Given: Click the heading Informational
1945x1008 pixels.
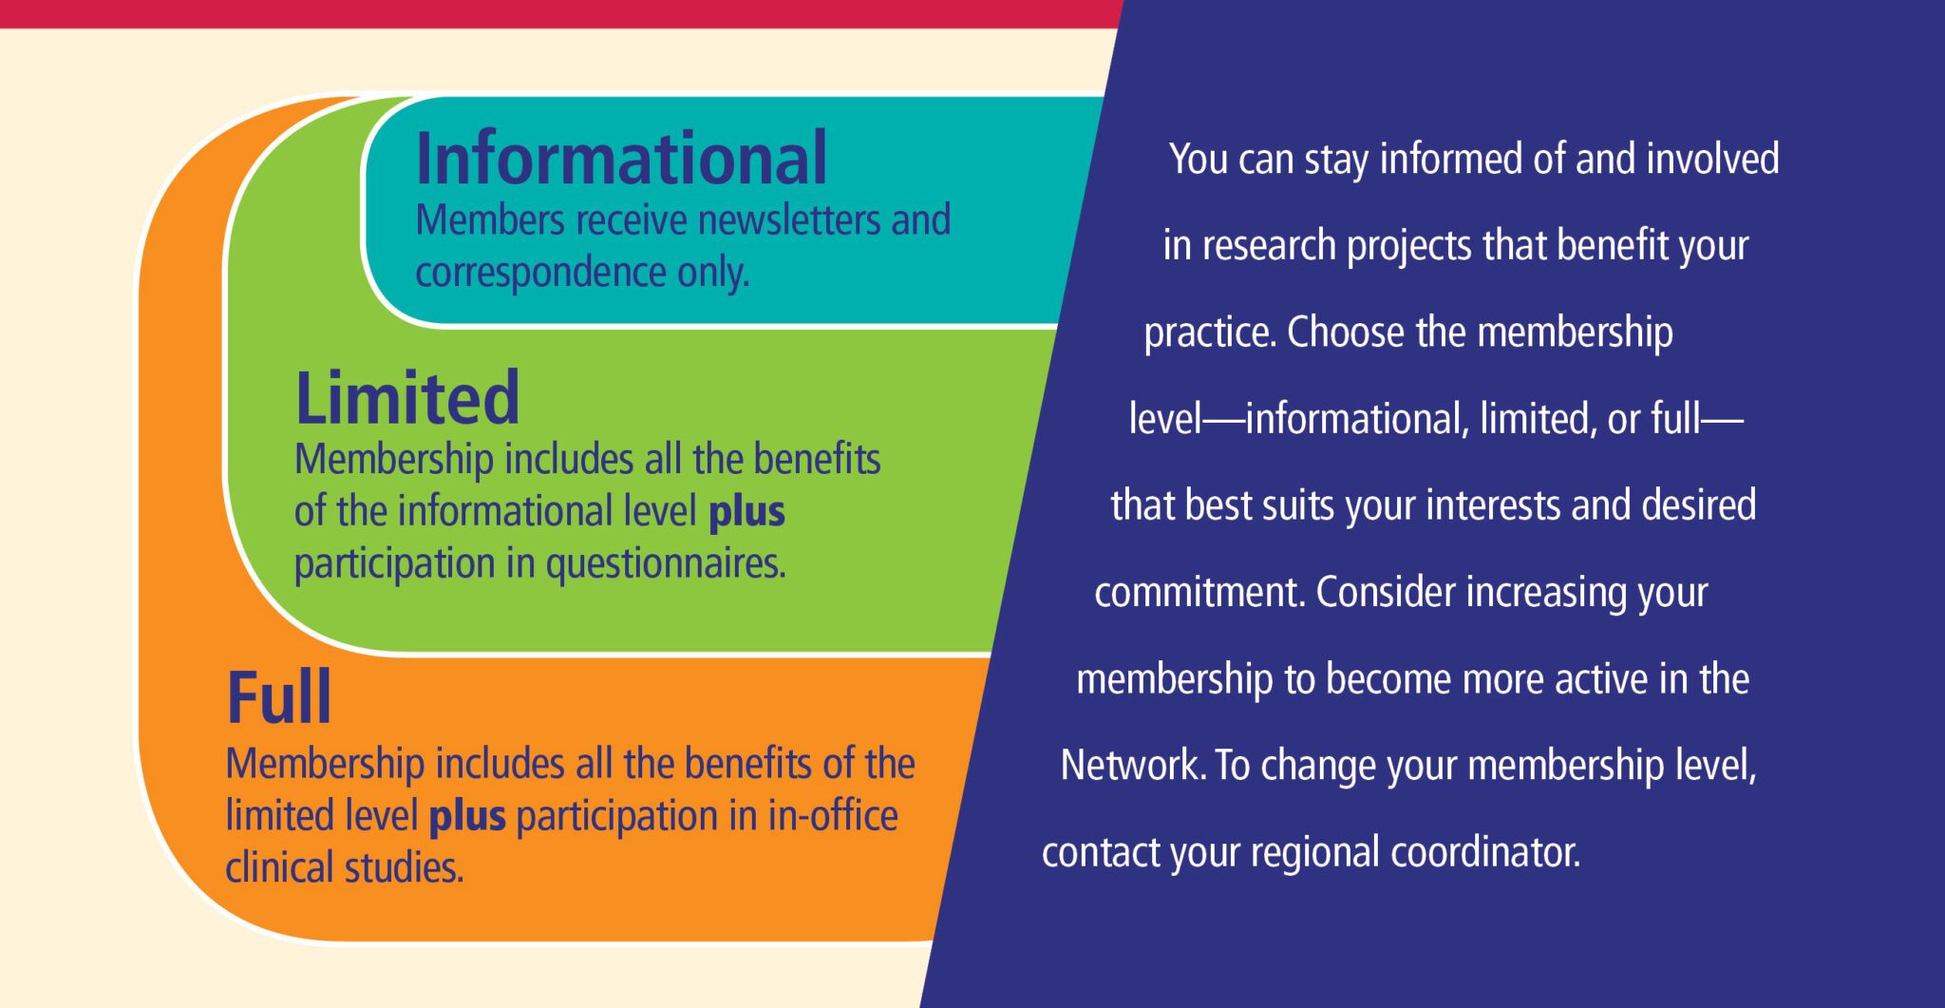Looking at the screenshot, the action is click(622, 159).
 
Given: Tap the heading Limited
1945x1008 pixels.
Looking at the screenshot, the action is click(407, 398).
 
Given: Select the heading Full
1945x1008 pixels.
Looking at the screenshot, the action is click(279, 697).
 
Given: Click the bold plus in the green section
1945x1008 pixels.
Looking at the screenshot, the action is click(746, 513).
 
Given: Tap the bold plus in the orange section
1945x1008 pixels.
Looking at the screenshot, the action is click(467, 817).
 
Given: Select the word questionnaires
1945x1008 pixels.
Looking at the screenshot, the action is click(666, 564).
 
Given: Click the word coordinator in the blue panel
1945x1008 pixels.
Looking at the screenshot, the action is click(1485, 852).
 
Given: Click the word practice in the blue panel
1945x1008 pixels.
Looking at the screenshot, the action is click(1210, 333).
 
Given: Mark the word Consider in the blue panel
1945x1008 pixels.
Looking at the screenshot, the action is click(1386, 592).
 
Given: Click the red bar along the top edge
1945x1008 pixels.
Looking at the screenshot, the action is click(560, 13).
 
